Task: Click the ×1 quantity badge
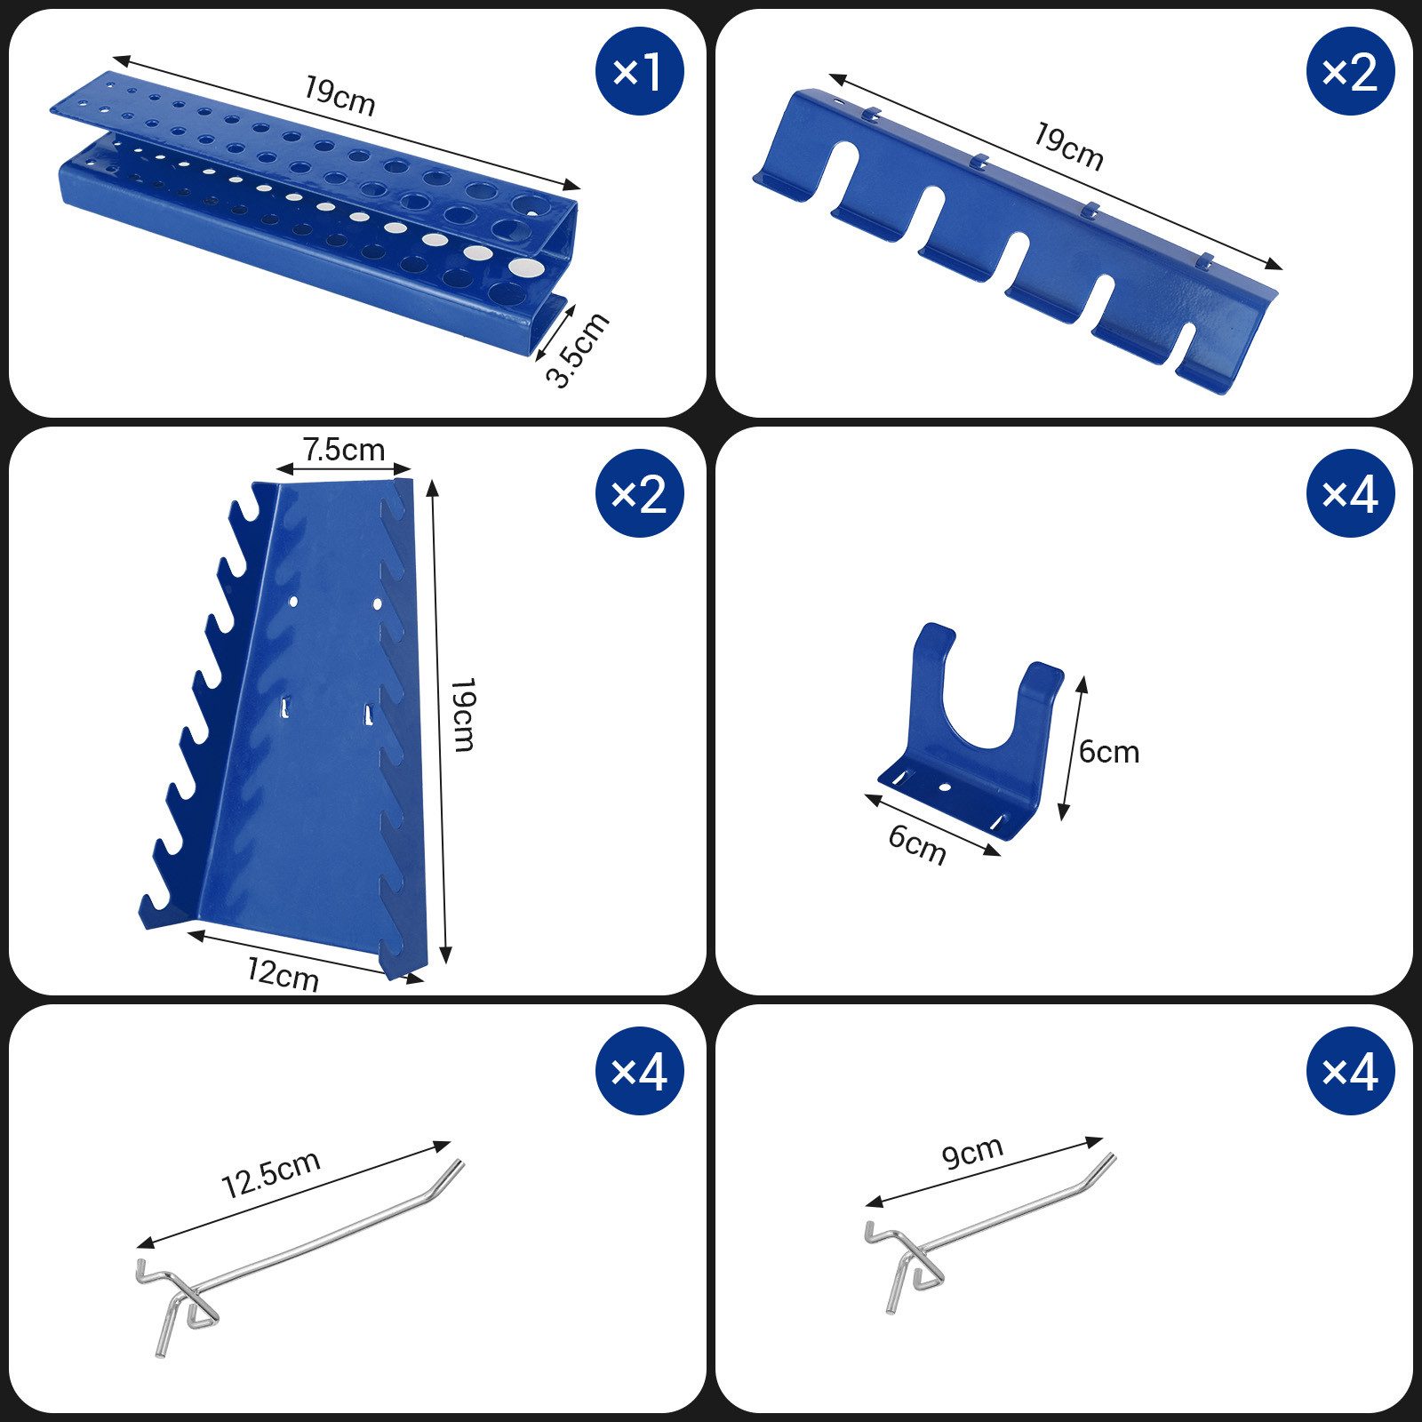pyautogui.click(x=639, y=71)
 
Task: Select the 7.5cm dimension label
pyautogui.click(x=343, y=451)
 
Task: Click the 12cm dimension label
pyautogui.click(x=283, y=975)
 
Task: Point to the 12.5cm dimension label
pyautogui.click(x=270, y=1174)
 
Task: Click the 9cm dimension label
pyautogui.click(x=972, y=1153)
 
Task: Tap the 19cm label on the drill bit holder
pyautogui.click(x=340, y=96)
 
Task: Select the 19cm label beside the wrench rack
pyautogui.click(x=463, y=715)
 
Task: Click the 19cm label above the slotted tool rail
pyautogui.click(x=1068, y=146)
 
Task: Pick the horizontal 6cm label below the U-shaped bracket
pyautogui.click(x=917, y=843)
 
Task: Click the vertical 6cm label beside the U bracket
pyautogui.click(x=1108, y=752)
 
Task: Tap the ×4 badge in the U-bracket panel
pyautogui.click(x=1350, y=493)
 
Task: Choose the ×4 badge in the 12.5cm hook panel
pyautogui.click(x=639, y=1071)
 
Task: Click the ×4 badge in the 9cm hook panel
pyautogui.click(x=1350, y=1071)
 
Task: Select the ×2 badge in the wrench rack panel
pyautogui.click(x=639, y=493)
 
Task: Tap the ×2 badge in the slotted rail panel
pyautogui.click(x=1350, y=71)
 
